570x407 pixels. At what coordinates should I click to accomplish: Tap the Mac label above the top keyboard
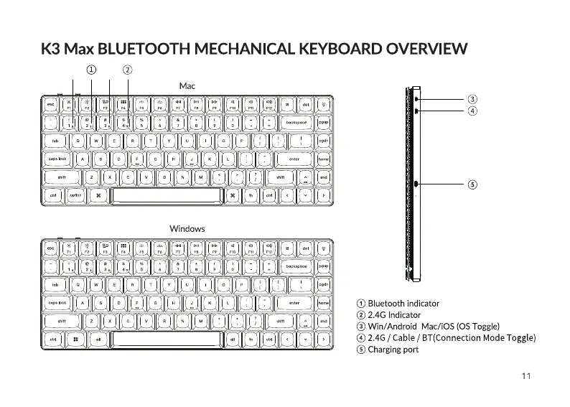click(x=187, y=86)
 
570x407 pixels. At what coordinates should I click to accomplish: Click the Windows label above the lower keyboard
click(x=187, y=228)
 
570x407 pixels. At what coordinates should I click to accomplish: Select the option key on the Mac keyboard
click(x=75, y=195)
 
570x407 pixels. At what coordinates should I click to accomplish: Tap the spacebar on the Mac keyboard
click(x=166, y=195)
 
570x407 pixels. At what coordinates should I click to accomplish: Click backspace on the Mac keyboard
click(x=296, y=123)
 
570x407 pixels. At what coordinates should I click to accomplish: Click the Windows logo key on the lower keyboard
click(x=75, y=338)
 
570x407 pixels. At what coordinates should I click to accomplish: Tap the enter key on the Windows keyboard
click(x=294, y=302)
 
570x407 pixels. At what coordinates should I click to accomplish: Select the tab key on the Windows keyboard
click(x=55, y=284)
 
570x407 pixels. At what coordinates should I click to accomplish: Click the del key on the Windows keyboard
click(x=306, y=248)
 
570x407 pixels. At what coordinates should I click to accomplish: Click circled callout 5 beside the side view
click(x=472, y=184)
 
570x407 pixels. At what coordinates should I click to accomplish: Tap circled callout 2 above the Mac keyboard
click(x=127, y=70)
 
